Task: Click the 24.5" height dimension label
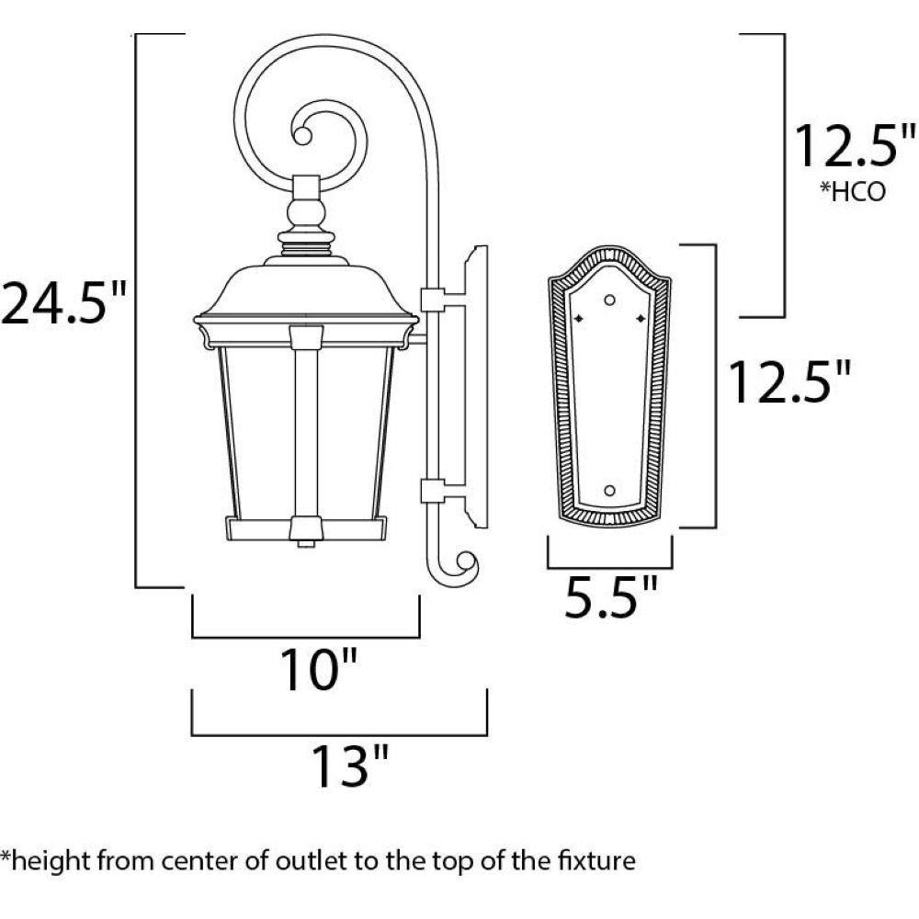(x=63, y=303)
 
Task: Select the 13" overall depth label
(x=350, y=766)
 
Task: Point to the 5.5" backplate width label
(x=610, y=596)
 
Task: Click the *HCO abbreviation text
(x=853, y=192)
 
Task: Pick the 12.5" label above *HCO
(x=854, y=145)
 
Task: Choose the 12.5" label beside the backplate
(x=789, y=381)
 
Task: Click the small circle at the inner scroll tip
(x=302, y=137)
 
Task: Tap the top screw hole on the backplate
(x=609, y=301)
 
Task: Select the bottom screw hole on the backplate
(x=609, y=490)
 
